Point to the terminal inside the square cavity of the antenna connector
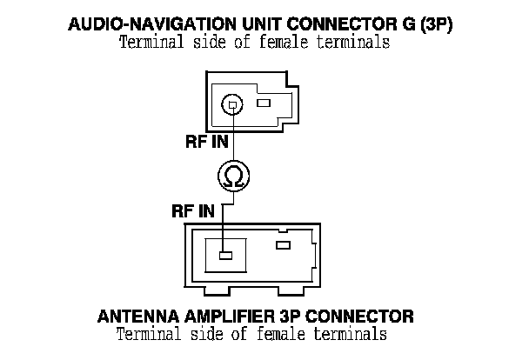point(224,256)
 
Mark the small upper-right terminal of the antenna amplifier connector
point(282,245)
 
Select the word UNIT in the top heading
point(266,25)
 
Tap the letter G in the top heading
point(405,25)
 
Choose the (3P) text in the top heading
point(435,25)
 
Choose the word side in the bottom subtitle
point(201,332)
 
